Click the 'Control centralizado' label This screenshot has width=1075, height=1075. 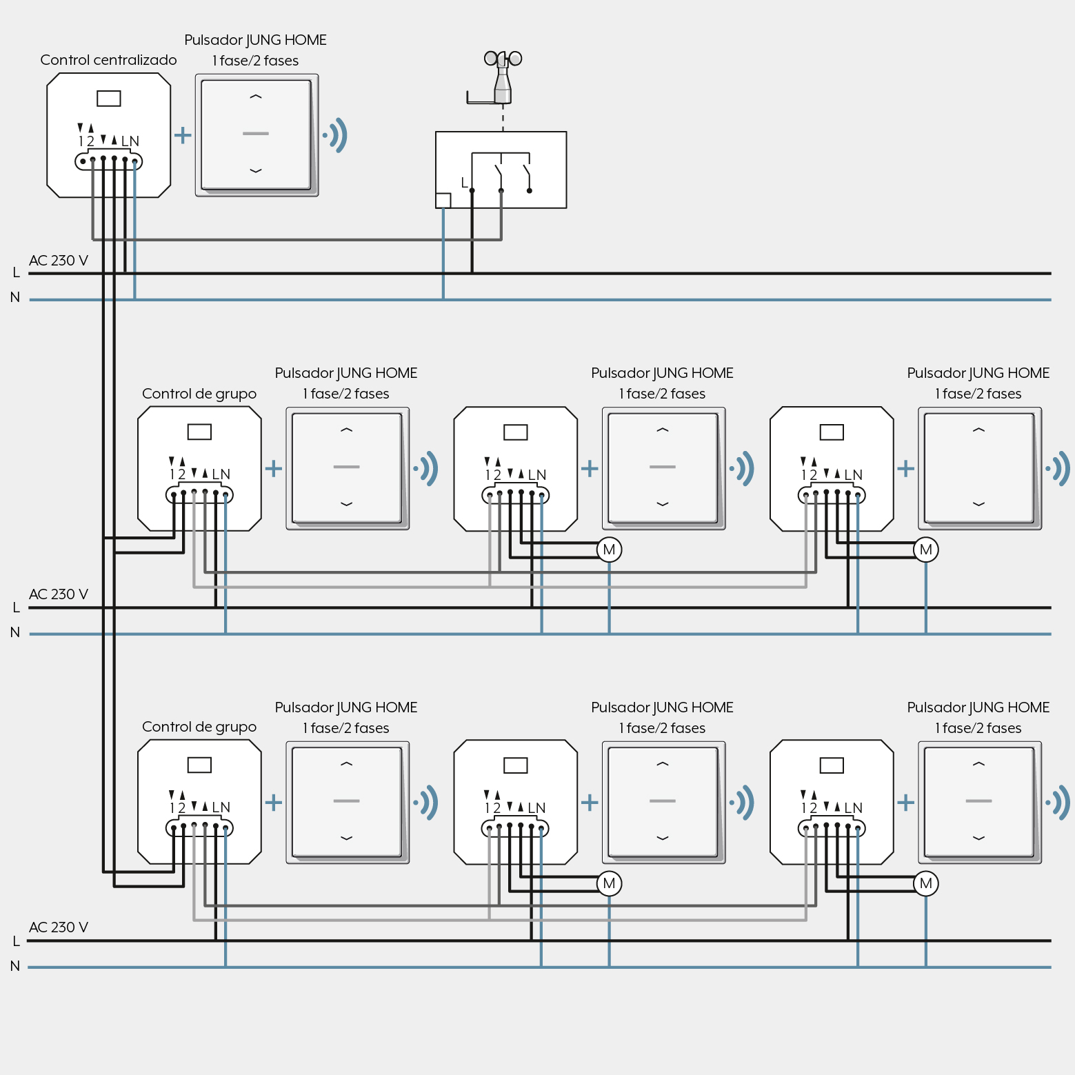[x=108, y=60]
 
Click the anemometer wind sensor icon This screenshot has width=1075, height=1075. [x=501, y=77]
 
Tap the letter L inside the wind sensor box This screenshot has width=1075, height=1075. [x=464, y=183]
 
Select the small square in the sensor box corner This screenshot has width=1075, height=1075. [x=443, y=201]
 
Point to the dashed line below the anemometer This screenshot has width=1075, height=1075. [x=503, y=118]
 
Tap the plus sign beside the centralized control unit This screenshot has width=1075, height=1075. [x=183, y=134]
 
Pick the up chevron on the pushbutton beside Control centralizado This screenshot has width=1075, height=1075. [x=256, y=97]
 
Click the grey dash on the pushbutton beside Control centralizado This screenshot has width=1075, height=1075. [x=256, y=134]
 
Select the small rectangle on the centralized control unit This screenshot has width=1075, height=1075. [x=109, y=99]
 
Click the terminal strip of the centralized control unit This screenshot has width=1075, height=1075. [x=108, y=161]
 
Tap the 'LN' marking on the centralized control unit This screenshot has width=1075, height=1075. [x=130, y=141]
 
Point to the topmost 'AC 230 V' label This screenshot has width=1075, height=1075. [x=59, y=261]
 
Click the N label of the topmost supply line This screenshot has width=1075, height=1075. [x=15, y=297]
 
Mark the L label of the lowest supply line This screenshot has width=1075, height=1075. [x=16, y=941]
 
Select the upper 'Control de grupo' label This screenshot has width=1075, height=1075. [x=199, y=394]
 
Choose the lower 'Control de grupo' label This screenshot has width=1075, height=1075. [x=199, y=727]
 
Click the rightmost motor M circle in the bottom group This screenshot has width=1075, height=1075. [x=926, y=883]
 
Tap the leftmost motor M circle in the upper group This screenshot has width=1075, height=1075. [x=610, y=550]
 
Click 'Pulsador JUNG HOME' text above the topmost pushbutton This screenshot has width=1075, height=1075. [x=255, y=40]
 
